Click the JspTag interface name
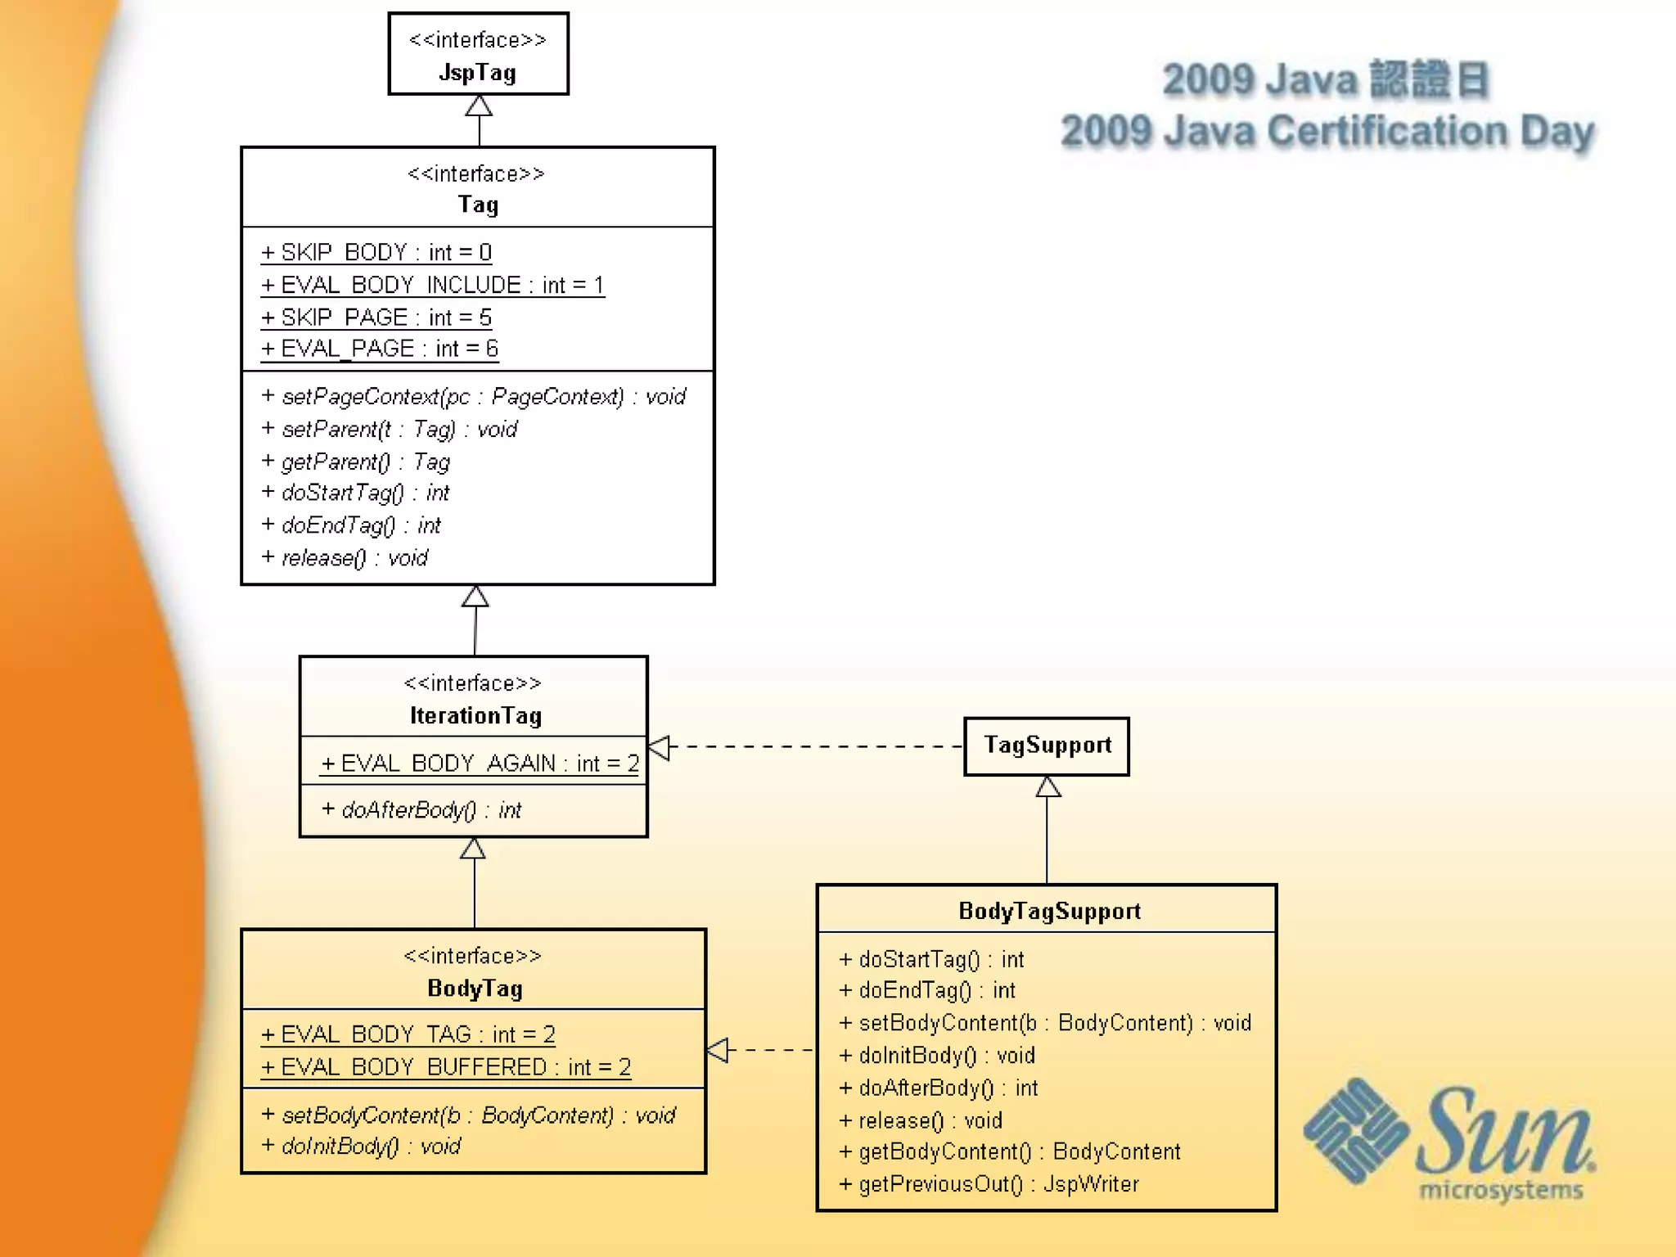(477, 73)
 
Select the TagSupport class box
(1047, 746)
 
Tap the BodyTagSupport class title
(1049, 911)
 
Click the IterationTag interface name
(475, 716)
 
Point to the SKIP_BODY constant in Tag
(376, 252)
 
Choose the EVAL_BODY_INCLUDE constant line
(432, 285)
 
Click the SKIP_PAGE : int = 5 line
(376, 317)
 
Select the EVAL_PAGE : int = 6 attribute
(380, 349)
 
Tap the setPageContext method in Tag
(474, 397)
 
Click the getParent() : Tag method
(356, 462)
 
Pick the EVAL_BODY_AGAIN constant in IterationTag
(480, 764)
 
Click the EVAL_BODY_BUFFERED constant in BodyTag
(446, 1067)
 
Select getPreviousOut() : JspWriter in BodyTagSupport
(989, 1184)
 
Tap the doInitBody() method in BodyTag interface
(362, 1147)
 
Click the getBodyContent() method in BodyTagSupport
(1010, 1151)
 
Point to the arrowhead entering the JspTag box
(479, 106)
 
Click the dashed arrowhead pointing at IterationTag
(660, 747)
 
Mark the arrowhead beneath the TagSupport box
(1047, 787)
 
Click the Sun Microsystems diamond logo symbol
(1355, 1131)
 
